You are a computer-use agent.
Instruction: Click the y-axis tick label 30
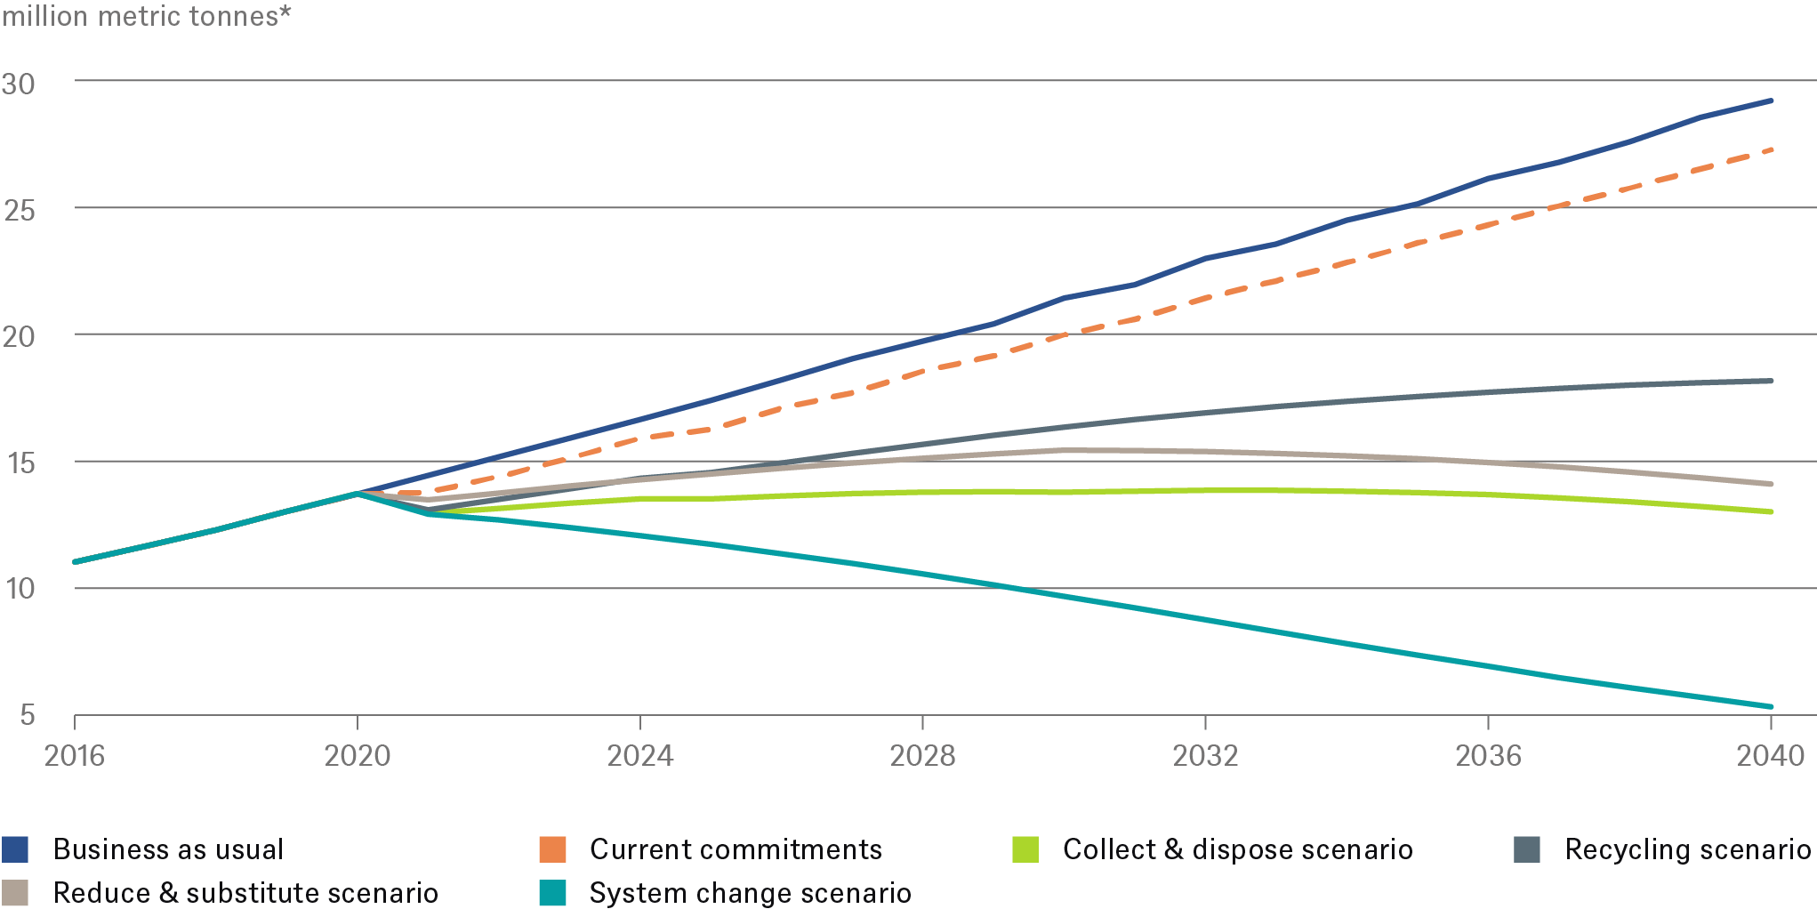click(19, 84)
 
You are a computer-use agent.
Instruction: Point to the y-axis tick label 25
click(19, 211)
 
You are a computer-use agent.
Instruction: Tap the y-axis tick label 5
click(28, 714)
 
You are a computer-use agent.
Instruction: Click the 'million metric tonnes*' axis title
click(147, 16)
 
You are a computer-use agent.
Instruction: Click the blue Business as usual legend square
click(15, 849)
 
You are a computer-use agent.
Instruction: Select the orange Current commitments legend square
click(552, 849)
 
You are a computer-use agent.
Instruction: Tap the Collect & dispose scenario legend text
click(1237, 849)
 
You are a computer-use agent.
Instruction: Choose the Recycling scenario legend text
click(1687, 849)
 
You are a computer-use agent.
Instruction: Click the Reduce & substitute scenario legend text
click(245, 893)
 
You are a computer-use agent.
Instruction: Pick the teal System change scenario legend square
click(552, 893)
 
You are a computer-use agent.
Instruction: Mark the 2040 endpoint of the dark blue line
click(1771, 101)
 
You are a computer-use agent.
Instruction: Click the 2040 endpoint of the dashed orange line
click(1771, 150)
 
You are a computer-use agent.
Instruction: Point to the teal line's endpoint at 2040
click(1771, 707)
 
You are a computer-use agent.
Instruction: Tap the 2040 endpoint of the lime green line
click(1771, 512)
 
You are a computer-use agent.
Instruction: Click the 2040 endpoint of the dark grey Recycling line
click(1771, 382)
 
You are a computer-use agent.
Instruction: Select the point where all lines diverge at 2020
click(358, 493)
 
